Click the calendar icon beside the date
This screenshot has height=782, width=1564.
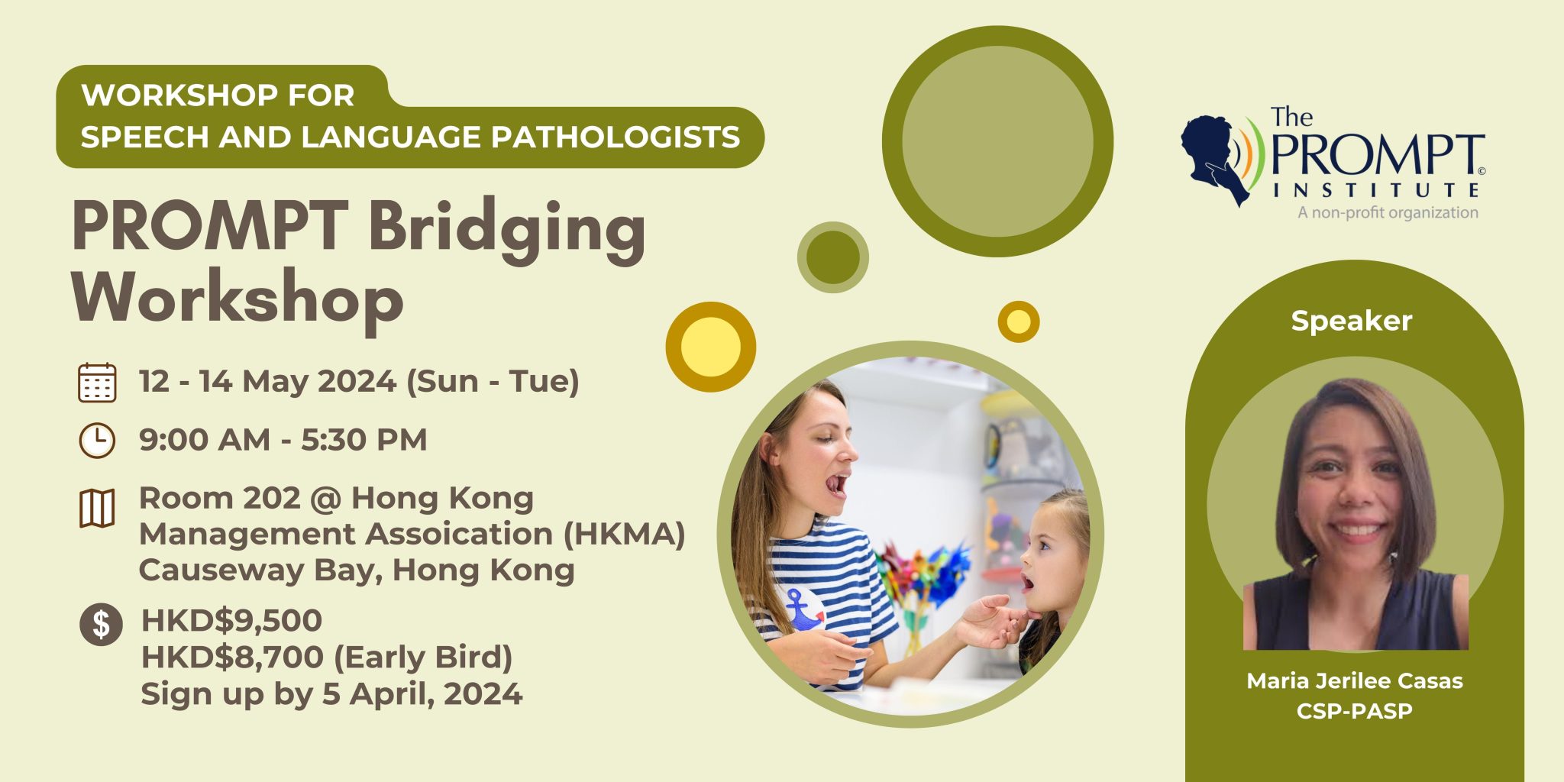pyautogui.click(x=97, y=383)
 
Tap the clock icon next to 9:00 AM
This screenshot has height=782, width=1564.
pyautogui.click(x=97, y=441)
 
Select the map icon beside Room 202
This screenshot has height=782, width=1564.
pyautogui.click(x=97, y=508)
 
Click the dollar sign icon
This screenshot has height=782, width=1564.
pyautogui.click(x=101, y=624)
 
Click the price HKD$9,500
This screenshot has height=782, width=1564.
pyautogui.click(x=231, y=620)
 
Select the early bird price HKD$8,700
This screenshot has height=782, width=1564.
pyautogui.click(x=231, y=657)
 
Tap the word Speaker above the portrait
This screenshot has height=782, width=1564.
pyautogui.click(x=1351, y=321)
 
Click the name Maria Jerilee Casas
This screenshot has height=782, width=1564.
pyautogui.click(x=1354, y=680)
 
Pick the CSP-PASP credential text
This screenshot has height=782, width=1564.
pyautogui.click(x=1354, y=711)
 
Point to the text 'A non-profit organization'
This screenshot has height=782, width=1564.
pyautogui.click(x=1388, y=212)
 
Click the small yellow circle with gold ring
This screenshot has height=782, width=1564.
pyautogui.click(x=1018, y=322)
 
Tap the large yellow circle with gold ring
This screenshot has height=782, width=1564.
pyautogui.click(x=710, y=347)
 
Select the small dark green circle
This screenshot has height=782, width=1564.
pyautogui.click(x=832, y=257)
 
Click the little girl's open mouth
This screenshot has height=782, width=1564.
pyautogui.click(x=1027, y=584)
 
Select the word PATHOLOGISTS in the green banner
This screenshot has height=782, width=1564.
pyautogui.click(x=615, y=137)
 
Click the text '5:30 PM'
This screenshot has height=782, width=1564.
pyautogui.click(x=364, y=440)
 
